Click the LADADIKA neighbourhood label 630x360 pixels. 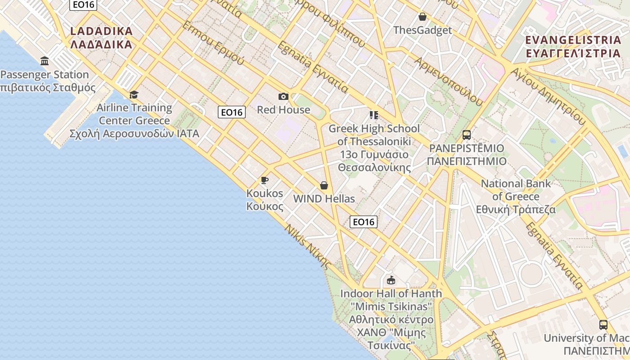(x=102, y=37)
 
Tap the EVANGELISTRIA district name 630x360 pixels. (x=573, y=46)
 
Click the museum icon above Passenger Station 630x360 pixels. (x=45, y=61)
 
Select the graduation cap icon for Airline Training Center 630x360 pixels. (x=134, y=94)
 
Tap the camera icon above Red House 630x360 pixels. (x=283, y=96)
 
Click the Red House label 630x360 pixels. (x=283, y=109)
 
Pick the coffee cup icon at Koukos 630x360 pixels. (x=265, y=180)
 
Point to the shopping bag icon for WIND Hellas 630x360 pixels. (x=324, y=185)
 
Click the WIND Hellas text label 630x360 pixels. (x=324, y=198)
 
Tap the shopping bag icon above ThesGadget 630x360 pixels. (x=422, y=17)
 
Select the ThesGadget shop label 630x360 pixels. (x=422, y=30)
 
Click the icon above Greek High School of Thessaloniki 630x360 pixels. (x=373, y=115)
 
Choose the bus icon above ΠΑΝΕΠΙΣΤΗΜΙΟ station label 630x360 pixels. (x=466, y=135)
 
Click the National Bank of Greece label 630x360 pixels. (x=516, y=197)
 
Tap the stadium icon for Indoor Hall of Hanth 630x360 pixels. (x=391, y=280)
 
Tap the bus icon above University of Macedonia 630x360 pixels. (x=603, y=324)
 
